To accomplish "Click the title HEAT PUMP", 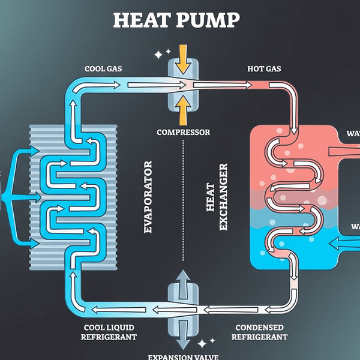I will tap(176, 20).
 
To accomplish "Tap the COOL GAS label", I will tap(103, 69).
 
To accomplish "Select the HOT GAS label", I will tap(265, 69).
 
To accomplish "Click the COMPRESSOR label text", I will tap(183, 132).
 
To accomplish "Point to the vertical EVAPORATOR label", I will tap(148, 197).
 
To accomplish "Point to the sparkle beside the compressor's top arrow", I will tap(158, 55).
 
